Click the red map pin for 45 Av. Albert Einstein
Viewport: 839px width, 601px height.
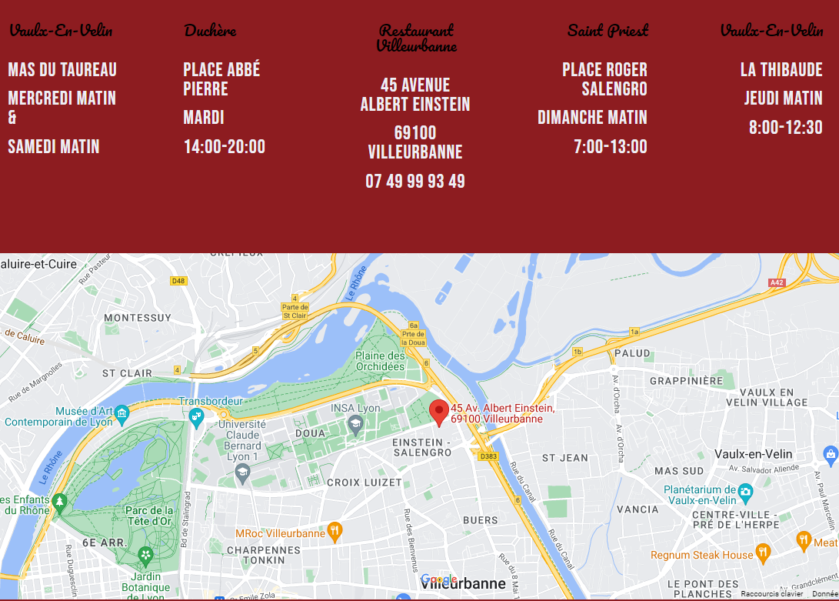(x=438, y=412)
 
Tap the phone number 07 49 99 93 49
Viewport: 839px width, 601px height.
(x=415, y=182)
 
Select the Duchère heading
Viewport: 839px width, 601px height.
(x=210, y=31)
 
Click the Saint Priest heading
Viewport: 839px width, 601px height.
(x=608, y=31)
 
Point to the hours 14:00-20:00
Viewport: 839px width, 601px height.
(x=224, y=147)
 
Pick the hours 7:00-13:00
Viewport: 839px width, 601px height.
(x=611, y=147)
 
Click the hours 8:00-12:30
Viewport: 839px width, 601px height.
(x=786, y=128)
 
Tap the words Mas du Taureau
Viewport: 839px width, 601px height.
(x=62, y=70)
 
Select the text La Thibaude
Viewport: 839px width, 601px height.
(x=781, y=70)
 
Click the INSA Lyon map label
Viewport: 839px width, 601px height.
(x=355, y=408)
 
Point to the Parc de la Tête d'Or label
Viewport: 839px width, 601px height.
(x=150, y=516)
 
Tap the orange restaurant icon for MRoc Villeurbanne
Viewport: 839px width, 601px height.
(x=334, y=531)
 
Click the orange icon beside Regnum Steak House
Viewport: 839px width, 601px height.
(x=763, y=553)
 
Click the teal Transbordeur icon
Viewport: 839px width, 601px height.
(x=196, y=416)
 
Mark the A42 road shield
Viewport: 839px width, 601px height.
(x=777, y=283)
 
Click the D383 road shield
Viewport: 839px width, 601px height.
(x=488, y=456)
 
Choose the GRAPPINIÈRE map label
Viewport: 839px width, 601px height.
(x=686, y=381)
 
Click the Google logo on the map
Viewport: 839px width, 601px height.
(x=439, y=579)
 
